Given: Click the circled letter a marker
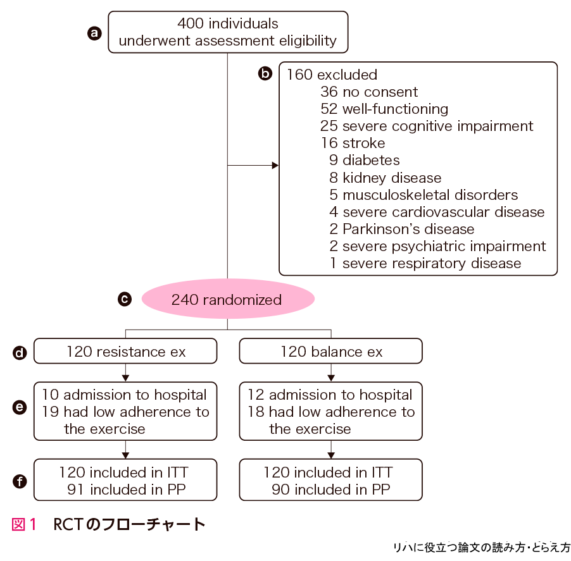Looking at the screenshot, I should pyautogui.click(x=94, y=33).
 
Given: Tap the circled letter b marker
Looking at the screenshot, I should pyautogui.click(x=265, y=74).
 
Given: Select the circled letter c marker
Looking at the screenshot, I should pyautogui.click(x=125, y=299).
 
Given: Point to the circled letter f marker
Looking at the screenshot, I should pyautogui.click(x=20, y=481).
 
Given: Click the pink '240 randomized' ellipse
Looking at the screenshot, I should pyautogui.click(x=227, y=299).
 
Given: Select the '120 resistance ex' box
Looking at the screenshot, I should pyautogui.click(x=125, y=352).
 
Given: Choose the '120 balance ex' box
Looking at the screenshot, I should pyautogui.click(x=330, y=352).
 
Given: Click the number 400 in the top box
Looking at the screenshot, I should pyautogui.click(x=191, y=24).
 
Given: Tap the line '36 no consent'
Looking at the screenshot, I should pyautogui.click(x=369, y=92).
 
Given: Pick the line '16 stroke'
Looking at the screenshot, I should pyautogui.click(x=353, y=143).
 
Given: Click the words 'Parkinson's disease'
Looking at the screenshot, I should pyautogui.click(x=408, y=229).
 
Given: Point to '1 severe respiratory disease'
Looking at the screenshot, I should pyautogui.click(x=425, y=263).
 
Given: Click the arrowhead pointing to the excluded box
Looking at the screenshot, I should pyautogui.click(x=275, y=166).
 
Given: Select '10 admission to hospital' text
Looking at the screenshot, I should pyautogui.click(x=124, y=395).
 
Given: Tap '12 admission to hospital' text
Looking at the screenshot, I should pyautogui.click(x=330, y=395).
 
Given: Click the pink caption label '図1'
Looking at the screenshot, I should pyautogui.click(x=24, y=524).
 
